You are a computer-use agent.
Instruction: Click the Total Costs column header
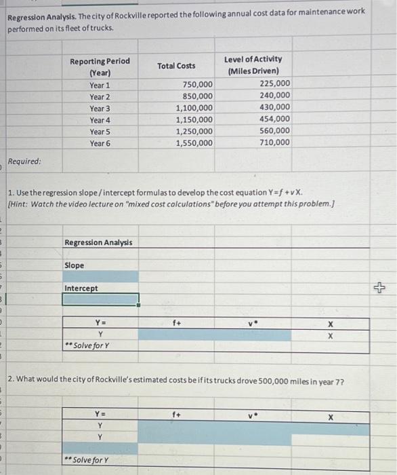click(175, 65)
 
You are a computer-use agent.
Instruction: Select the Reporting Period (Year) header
click(100, 66)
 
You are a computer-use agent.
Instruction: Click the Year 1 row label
click(100, 85)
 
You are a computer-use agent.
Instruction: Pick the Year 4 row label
click(100, 120)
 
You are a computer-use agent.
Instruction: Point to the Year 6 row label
click(100, 143)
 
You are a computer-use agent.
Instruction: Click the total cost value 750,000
click(197, 84)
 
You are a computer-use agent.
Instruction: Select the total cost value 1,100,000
click(194, 107)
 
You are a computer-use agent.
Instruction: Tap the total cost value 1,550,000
click(194, 142)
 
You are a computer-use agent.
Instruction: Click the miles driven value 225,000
click(274, 83)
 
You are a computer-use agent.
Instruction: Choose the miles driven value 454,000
click(274, 119)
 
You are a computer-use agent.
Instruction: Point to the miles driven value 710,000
click(274, 142)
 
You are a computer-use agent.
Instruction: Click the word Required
click(24, 162)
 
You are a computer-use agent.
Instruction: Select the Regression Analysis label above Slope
click(98, 242)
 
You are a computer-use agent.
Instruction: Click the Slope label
click(75, 265)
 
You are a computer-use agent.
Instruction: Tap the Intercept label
click(81, 288)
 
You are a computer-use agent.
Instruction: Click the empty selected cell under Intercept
click(101, 299)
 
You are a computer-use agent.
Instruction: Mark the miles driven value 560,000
click(274, 131)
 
